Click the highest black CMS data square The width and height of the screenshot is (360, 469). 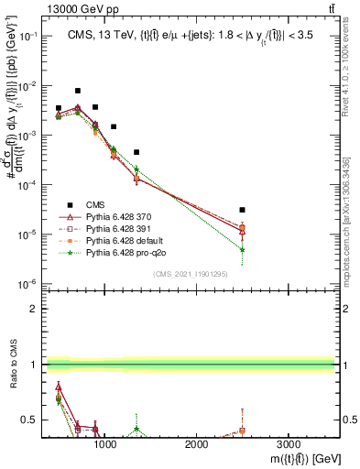click(x=77, y=91)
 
